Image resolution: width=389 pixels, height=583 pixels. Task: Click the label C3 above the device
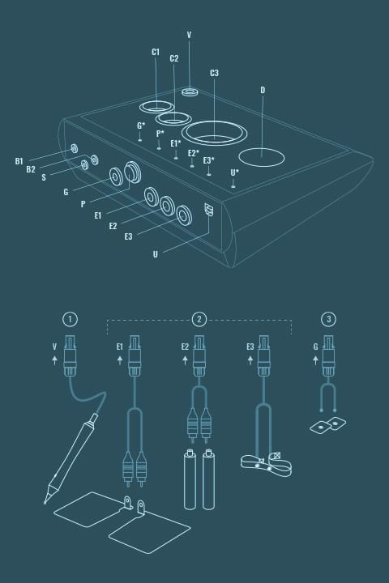214,73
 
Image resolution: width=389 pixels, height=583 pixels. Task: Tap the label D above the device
263,90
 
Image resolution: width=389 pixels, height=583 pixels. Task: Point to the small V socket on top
190,91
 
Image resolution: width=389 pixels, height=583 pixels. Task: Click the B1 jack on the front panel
75,148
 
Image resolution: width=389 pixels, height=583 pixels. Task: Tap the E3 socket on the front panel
184,215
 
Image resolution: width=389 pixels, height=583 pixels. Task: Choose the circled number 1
70,319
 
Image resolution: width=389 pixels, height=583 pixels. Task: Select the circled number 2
199,319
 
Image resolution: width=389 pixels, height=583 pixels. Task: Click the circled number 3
329,319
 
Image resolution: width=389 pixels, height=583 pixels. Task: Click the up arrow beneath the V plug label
55,360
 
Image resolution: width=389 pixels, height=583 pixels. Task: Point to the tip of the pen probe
45,503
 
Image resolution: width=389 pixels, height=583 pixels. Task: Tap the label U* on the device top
234,172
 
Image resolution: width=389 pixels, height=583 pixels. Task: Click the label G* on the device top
141,126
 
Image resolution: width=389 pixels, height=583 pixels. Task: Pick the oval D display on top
261,157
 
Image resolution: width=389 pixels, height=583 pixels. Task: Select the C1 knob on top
156,107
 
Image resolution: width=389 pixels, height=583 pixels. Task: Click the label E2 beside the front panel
113,226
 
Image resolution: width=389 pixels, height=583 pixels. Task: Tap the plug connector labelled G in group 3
328,356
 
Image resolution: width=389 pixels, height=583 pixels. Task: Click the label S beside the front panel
44,177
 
